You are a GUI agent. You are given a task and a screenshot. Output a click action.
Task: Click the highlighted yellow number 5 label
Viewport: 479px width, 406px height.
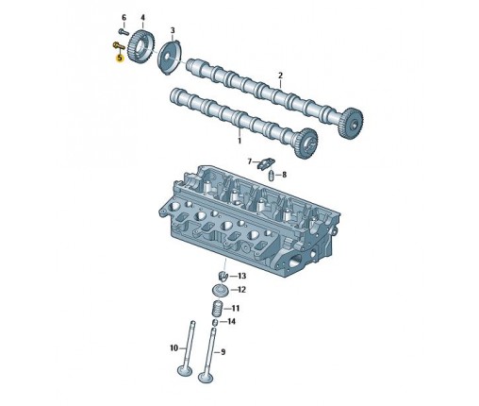click(x=120, y=58)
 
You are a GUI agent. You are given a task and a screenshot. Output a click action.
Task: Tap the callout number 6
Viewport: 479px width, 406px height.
click(x=124, y=17)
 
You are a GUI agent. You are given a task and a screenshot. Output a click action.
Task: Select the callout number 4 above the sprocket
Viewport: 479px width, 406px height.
click(x=142, y=17)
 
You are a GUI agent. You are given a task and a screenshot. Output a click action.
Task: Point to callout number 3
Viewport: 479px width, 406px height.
click(x=173, y=30)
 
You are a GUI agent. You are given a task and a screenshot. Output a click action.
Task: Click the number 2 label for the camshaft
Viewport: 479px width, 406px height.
click(x=280, y=76)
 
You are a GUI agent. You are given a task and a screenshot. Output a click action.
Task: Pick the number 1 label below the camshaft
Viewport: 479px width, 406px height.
click(x=239, y=141)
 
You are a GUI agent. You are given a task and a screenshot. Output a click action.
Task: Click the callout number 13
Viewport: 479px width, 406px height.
click(x=241, y=276)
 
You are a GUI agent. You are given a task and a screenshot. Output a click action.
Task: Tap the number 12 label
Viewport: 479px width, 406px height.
click(x=241, y=290)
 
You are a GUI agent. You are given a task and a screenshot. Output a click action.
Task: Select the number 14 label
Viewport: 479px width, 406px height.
click(x=231, y=321)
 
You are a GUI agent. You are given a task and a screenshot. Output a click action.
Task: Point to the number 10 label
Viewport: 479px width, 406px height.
click(x=173, y=348)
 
